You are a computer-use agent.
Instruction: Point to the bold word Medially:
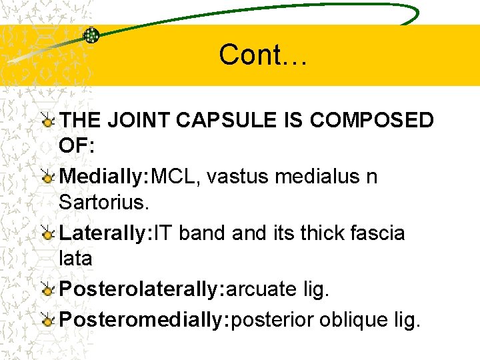click(105, 177)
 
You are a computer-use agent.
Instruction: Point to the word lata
click(75, 257)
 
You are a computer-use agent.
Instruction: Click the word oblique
click(351, 319)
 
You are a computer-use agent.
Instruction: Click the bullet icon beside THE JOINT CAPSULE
click(47, 121)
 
